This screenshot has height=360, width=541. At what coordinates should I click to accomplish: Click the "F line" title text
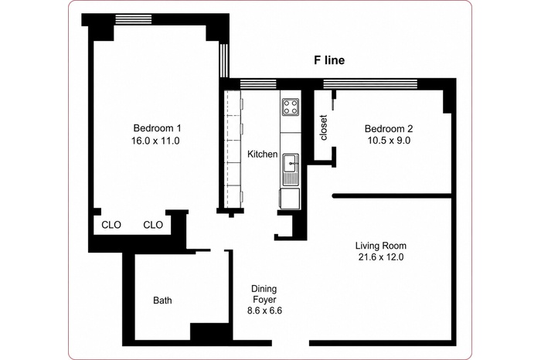click(x=329, y=60)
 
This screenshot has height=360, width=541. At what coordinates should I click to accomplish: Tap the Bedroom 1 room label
click(x=157, y=128)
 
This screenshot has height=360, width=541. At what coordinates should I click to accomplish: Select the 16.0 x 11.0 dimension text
click(x=155, y=141)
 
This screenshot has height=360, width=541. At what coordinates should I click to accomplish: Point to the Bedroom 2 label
click(x=389, y=128)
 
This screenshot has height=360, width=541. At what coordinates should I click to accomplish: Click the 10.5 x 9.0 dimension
click(x=389, y=141)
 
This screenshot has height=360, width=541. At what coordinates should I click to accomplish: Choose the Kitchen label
click(x=262, y=155)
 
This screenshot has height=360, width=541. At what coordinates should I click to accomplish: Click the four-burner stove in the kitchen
click(x=290, y=106)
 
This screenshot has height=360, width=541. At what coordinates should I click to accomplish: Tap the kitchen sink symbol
click(x=291, y=169)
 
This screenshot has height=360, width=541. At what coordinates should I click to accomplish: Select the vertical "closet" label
click(x=323, y=127)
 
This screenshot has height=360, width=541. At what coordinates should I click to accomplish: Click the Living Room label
click(x=381, y=246)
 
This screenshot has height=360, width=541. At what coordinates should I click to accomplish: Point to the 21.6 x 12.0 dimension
click(x=381, y=257)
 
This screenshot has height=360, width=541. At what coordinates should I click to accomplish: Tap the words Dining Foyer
click(x=264, y=294)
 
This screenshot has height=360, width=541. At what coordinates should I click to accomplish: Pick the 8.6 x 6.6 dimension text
click(x=264, y=311)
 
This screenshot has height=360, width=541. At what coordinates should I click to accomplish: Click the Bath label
click(x=162, y=301)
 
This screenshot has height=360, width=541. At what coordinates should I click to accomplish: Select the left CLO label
click(x=111, y=225)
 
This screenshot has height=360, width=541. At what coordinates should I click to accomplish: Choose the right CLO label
click(x=153, y=225)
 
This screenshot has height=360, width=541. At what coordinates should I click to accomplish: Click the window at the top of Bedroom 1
click(x=133, y=19)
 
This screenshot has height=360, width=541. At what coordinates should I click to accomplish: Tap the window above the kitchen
click(x=258, y=84)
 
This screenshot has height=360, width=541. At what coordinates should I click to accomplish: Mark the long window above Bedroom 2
click(x=370, y=84)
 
